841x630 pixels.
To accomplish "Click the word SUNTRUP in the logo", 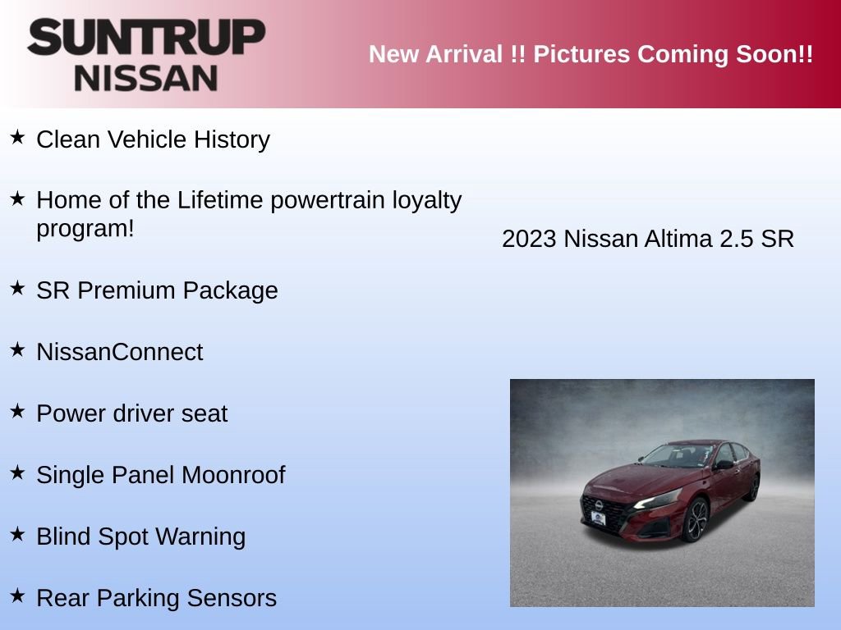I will [146, 38].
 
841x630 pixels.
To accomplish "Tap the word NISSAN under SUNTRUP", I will [146, 77].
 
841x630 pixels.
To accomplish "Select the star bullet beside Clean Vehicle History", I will [17, 137].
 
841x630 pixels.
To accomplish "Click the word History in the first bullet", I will [232, 139].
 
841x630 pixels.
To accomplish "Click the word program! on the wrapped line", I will [85, 229].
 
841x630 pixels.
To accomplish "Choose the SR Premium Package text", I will [157, 290].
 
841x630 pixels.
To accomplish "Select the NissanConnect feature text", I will [119, 352].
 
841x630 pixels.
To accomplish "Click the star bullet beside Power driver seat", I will [17, 411].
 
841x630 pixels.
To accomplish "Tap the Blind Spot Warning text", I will [140, 536].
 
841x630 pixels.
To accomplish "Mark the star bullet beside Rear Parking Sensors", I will [17, 596].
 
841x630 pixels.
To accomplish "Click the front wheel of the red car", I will [694, 521].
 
